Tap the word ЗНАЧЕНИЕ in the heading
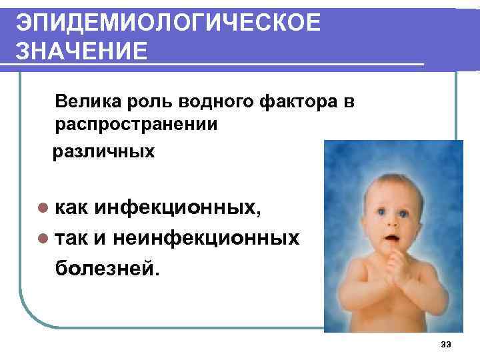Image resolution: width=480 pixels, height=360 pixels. [x=82, y=51]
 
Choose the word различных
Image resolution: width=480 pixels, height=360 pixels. [x=104, y=151]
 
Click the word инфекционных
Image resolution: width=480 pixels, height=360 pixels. [x=177, y=209]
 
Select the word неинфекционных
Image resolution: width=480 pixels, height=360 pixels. [x=207, y=238]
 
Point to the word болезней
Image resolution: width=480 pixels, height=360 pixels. [x=107, y=267]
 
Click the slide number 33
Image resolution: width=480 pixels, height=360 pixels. [x=446, y=344]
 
